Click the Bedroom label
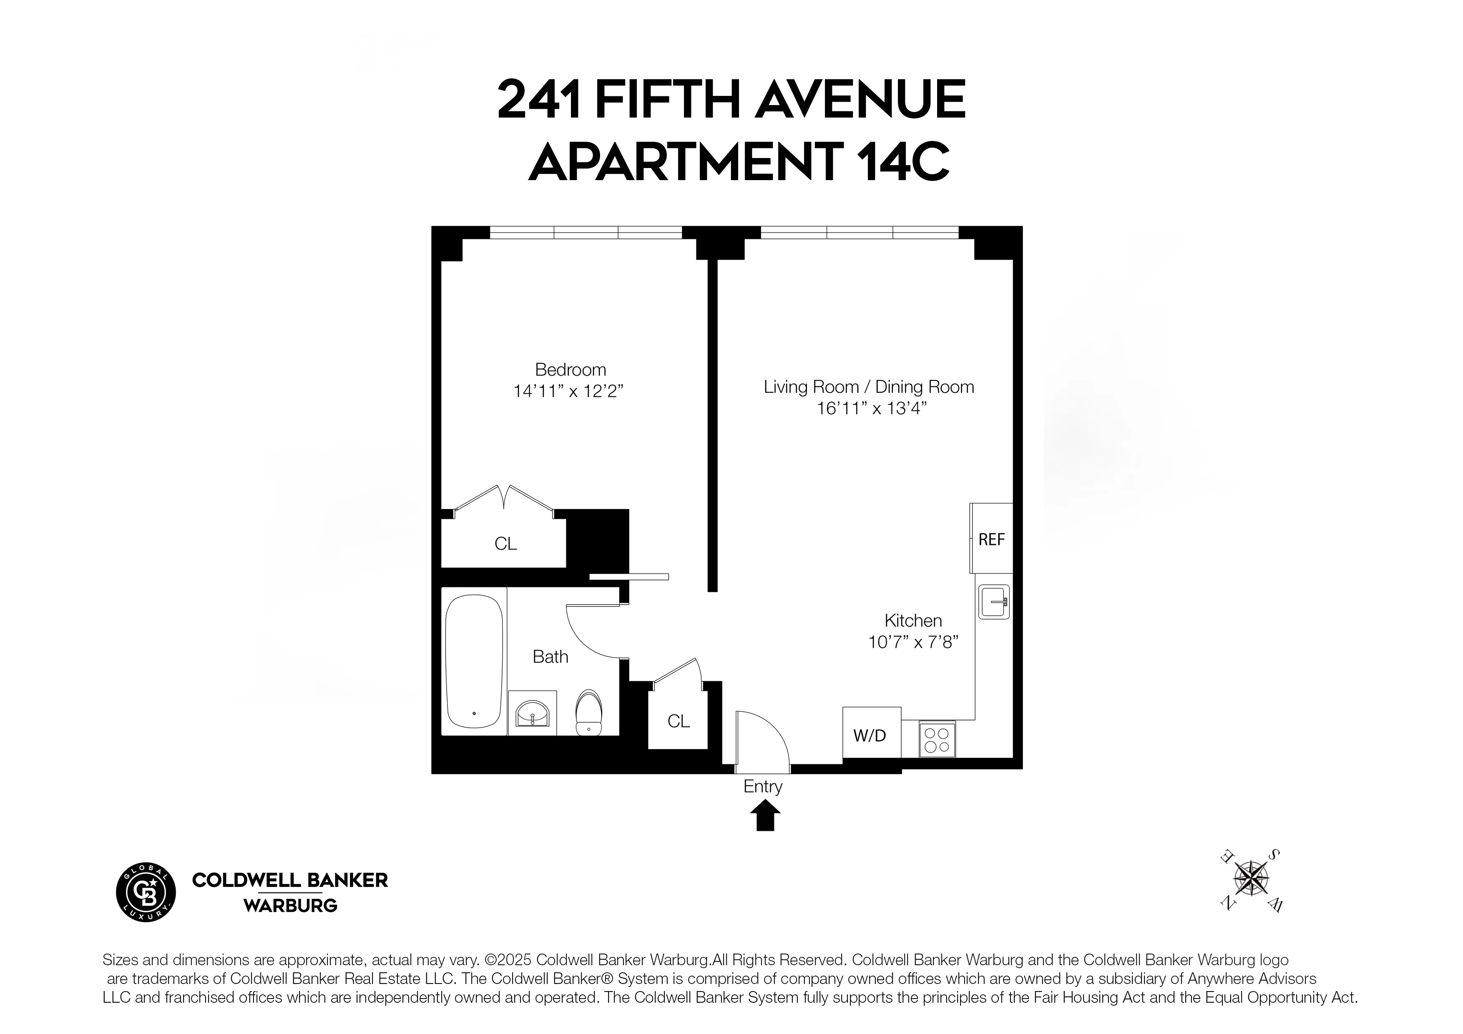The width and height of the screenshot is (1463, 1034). (x=570, y=369)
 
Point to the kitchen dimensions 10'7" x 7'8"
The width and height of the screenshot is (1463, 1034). (x=913, y=642)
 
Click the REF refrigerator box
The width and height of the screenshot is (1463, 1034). (x=991, y=539)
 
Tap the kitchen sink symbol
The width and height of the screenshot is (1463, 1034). (x=994, y=601)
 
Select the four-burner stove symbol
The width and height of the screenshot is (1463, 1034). (x=937, y=740)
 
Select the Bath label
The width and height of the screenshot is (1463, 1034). (x=550, y=657)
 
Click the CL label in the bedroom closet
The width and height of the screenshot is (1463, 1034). (x=505, y=543)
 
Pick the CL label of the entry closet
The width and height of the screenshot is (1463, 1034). (x=678, y=721)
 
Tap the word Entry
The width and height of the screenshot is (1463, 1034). (x=763, y=786)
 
